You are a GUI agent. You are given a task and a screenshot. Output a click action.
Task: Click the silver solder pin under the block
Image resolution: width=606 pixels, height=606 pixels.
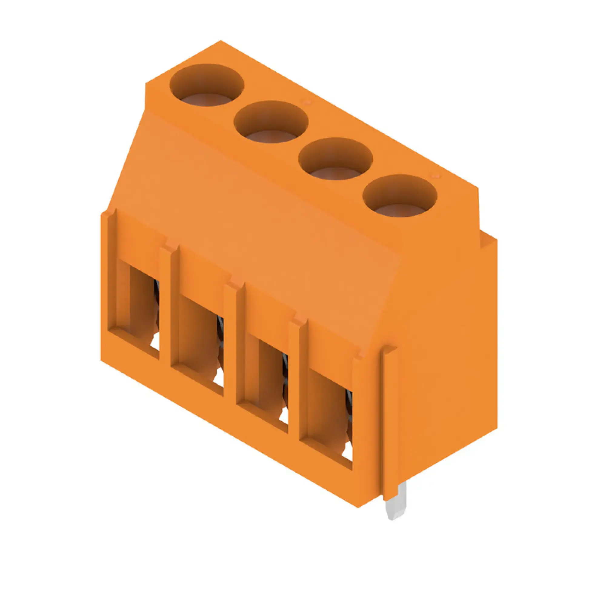click(x=396, y=505)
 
